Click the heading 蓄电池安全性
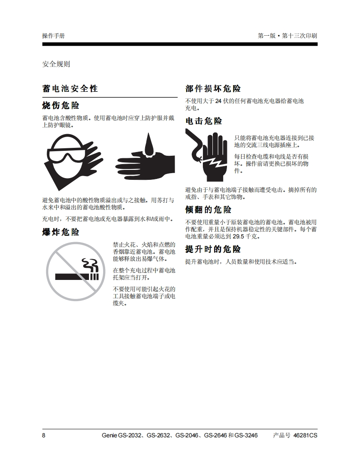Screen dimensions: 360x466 point(70,88)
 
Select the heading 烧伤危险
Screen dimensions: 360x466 point(61,105)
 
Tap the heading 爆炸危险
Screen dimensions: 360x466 point(61,232)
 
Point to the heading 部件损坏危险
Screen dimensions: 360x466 point(213,88)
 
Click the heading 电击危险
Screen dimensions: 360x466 point(204,121)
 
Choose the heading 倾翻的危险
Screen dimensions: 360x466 point(208,209)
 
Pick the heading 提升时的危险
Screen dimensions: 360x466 point(213,249)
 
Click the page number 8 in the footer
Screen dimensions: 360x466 point(44,435)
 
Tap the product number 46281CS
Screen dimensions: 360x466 point(305,435)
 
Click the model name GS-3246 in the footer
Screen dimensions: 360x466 point(246,435)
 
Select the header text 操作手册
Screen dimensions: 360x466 point(53,36)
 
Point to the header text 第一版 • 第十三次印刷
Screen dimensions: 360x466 point(287,36)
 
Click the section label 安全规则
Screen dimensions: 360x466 point(56,64)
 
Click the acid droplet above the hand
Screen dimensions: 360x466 point(148,145)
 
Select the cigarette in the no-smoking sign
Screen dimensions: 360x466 point(77,277)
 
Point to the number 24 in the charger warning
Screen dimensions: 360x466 point(218,101)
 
